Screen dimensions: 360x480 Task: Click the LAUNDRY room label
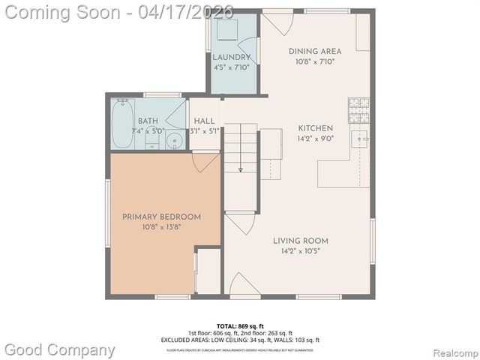[231, 57]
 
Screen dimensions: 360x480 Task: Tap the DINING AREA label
[315, 52]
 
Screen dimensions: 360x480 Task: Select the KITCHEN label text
[315, 128]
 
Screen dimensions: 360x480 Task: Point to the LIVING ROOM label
[300, 241]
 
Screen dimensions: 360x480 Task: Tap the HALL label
[204, 121]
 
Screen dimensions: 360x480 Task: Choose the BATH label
[148, 121]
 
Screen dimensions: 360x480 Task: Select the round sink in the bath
[175, 140]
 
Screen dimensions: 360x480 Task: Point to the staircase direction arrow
[241, 170]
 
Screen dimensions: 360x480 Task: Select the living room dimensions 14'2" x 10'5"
[300, 251]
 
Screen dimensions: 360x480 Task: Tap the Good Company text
[60, 350]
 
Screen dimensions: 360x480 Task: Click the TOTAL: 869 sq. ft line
[240, 326]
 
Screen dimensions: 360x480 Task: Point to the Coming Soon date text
[118, 11]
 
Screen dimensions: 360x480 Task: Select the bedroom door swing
[205, 161]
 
